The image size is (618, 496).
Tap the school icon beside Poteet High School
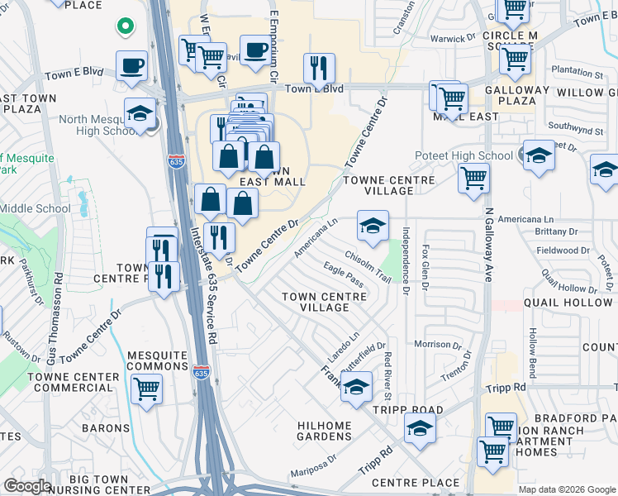pyautogui.click(x=539, y=155)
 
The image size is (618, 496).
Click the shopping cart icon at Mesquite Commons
pyautogui.click(x=146, y=387)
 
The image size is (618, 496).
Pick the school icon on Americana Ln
pyautogui.click(x=373, y=225)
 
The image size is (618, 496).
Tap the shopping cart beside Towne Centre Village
pyautogui.click(x=473, y=178)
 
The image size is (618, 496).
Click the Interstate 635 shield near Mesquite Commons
pyautogui.click(x=201, y=373)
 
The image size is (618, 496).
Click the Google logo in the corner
pyautogui.click(x=27, y=486)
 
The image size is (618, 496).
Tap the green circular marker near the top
pyautogui.click(x=125, y=26)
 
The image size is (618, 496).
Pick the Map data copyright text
pyautogui.click(x=567, y=489)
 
